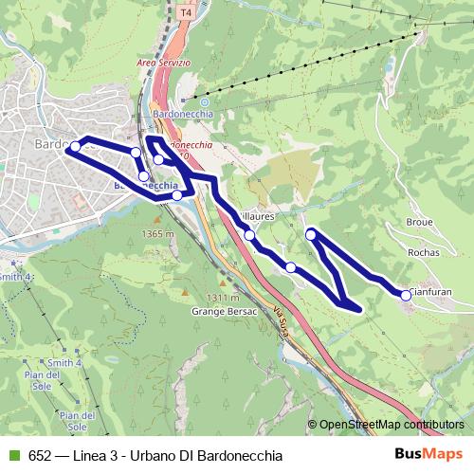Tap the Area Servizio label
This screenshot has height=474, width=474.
tap(163, 63)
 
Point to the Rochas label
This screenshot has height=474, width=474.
tap(421, 253)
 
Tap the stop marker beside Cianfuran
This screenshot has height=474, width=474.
tap(407, 296)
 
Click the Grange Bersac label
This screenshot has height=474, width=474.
tap(218, 310)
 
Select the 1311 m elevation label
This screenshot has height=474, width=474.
tap(223, 297)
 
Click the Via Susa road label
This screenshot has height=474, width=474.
tap(280, 322)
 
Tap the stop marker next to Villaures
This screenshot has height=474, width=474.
tap(249, 235)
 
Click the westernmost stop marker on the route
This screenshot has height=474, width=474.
tap(74, 147)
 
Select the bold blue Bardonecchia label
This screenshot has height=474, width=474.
tap(145, 186)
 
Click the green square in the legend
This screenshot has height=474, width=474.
tap(12, 454)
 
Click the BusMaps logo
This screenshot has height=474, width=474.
tap(423, 453)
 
